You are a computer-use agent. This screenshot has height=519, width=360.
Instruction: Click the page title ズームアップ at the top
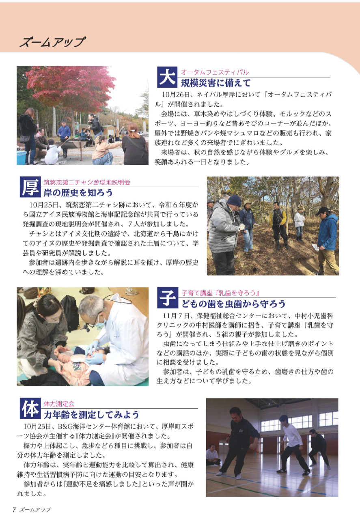(x=53, y=42)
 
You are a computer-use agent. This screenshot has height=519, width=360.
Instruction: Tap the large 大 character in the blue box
(x=167, y=77)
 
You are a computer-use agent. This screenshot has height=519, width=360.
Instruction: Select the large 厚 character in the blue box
(x=30, y=187)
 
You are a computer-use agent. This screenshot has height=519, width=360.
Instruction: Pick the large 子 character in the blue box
(x=167, y=297)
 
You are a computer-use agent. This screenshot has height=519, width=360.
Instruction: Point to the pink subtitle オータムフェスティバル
(x=215, y=72)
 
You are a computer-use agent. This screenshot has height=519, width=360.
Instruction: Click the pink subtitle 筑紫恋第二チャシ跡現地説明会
(x=87, y=182)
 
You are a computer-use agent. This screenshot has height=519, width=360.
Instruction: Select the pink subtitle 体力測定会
(x=59, y=404)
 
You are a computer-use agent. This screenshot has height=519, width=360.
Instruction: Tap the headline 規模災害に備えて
(x=216, y=83)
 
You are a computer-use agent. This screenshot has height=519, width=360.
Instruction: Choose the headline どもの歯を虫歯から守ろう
(x=233, y=304)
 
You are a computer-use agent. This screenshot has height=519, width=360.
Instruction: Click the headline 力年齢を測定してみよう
(x=91, y=414)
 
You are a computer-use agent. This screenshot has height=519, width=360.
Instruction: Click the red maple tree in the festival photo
(x=71, y=86)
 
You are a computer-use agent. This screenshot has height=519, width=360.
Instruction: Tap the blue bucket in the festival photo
(x=22, y=157)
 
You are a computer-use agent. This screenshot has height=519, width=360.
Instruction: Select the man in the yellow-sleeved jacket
(x=278, y=225)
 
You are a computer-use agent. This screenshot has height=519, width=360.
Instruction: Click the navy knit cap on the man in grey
(x=234, y=200)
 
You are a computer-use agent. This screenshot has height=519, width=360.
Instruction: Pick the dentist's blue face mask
(x=102, y=321)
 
